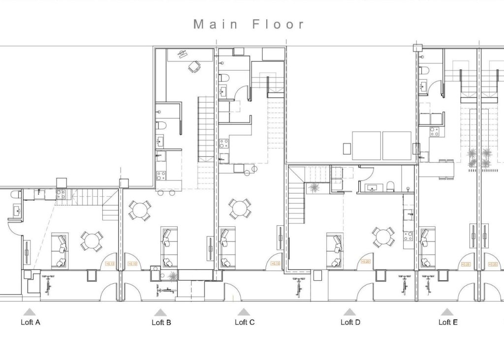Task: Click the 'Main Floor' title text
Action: (249, 24)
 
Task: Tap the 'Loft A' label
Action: (30, 323)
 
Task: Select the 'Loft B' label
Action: (161, 323)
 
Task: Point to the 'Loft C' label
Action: (245, 322)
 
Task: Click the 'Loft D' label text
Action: (350, 322)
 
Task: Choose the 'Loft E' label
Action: (448, 322)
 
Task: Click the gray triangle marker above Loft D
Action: (349, 312)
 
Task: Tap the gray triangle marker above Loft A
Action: (30, 312)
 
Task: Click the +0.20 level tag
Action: (366, 262)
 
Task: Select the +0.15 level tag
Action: (275, 263)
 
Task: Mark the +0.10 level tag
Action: (132, 264)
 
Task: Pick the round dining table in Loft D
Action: (382, 237)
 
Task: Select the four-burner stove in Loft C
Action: (224, 144)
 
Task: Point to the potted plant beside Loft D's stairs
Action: (314, 187)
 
